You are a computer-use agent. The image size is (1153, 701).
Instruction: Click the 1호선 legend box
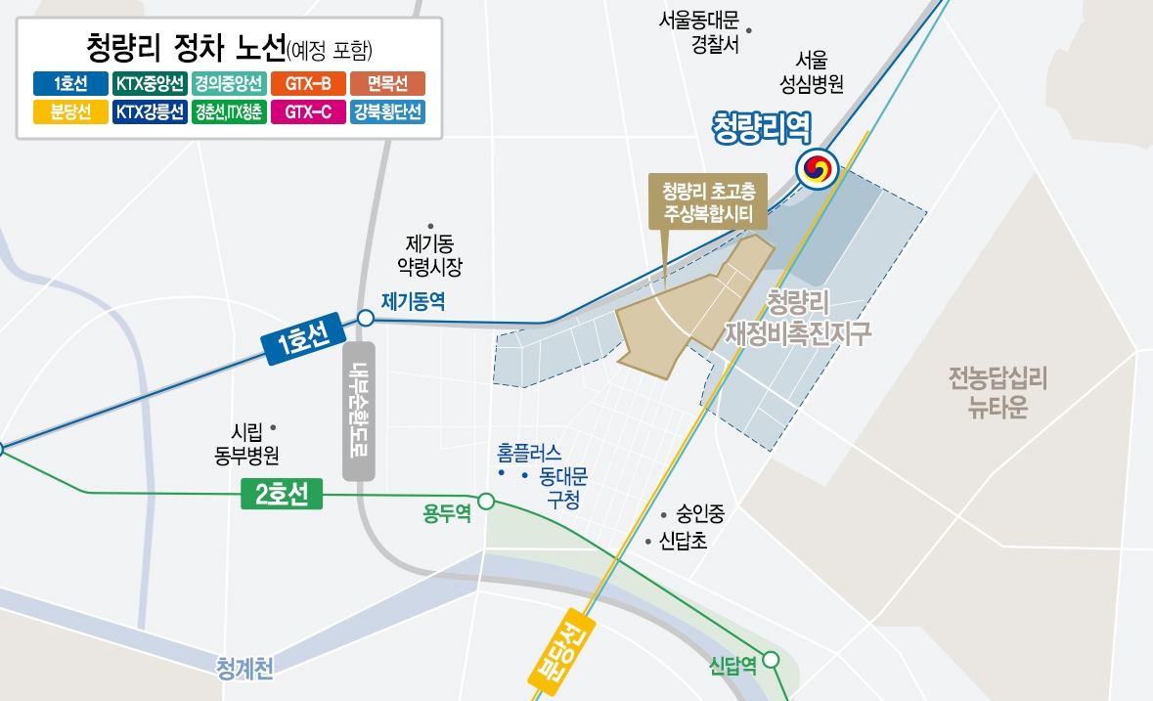click(70, 83)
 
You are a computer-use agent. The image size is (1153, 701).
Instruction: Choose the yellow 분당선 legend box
click(70, 111)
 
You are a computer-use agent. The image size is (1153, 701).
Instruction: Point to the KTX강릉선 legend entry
click(150, 111)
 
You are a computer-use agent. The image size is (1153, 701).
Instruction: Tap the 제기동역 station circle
click(365, 318)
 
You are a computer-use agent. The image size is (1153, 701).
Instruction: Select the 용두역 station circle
click(486, 503)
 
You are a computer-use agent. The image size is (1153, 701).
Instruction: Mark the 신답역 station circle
click(772, 660)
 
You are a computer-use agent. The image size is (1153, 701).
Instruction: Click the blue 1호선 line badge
click(301, 339)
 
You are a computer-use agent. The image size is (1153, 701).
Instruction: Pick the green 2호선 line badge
click(282, 497)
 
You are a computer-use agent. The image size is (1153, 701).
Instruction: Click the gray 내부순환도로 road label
click(360, 411)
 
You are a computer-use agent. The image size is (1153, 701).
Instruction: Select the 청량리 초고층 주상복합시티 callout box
click(708, 201)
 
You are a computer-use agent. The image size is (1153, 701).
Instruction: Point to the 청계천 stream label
click(244, 669)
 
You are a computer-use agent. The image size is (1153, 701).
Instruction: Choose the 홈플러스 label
click(529, 453)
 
